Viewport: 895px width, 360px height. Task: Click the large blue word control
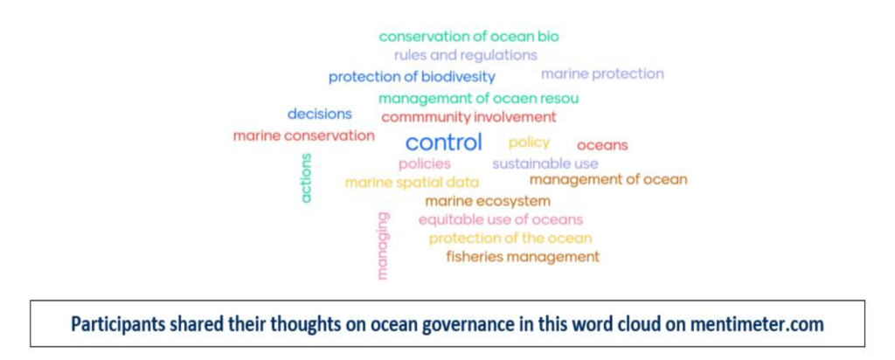(x=444, y=142)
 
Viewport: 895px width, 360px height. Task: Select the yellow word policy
(x=529, y=142)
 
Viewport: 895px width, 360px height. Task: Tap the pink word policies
(x=425, y=164)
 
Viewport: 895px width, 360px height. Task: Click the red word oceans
(x=602, y=145)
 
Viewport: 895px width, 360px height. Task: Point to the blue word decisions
(x=320, y=114)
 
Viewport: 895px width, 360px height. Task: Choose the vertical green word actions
(x=307, y=178)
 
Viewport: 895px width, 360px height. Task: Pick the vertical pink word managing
(x=383, y=246)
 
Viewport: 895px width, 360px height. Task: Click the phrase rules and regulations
(x=466, y=55)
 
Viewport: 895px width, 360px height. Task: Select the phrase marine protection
(x=602, y=74)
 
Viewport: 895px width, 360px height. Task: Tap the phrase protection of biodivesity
(x=412, y=77)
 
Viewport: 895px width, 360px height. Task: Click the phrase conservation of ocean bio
(x=469, y=37)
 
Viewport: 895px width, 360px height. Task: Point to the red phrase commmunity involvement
(x=468, y=118)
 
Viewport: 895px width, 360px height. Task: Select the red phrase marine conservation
(x=303, y=135)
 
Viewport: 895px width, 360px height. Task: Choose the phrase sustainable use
(x=545, y=164)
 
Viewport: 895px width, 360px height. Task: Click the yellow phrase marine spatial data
(x=413, y=183)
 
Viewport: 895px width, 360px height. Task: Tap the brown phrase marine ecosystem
(x=488, y=201)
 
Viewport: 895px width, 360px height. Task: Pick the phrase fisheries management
(x=523, y=257)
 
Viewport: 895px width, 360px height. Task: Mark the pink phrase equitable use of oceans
(x=501, y=219)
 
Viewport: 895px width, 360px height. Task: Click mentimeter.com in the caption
(x=756, y=324)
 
